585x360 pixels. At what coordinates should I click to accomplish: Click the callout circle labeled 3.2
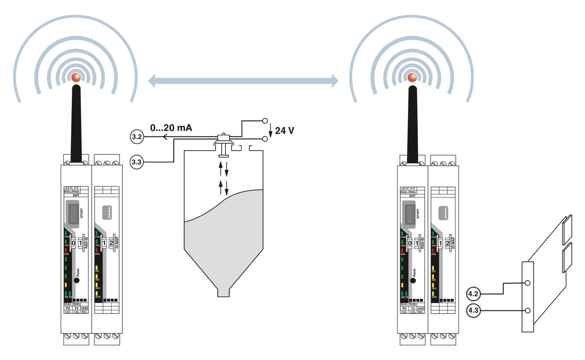click(136, 137)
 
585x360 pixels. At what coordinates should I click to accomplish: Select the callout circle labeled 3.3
click(136, 162)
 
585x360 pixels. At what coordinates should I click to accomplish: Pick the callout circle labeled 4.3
click(473, 310)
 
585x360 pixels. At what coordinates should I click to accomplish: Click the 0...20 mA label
click(171, 128)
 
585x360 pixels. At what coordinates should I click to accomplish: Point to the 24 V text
click(284, 131)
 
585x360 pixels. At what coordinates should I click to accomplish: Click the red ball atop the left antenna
click(76, 77)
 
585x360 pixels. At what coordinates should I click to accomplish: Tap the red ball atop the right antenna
click(412, 77)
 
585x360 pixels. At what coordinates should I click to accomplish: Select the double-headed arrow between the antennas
click(243, 81)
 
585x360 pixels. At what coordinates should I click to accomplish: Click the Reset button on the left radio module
click(77, 280)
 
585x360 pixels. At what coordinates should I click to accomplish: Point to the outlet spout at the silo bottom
click(223, 292)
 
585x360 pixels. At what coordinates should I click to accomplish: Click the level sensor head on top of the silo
click(223, 137)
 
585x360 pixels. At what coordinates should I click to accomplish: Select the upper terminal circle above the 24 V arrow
click(265, 121)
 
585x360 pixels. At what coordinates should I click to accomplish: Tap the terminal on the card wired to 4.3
click(528, 310)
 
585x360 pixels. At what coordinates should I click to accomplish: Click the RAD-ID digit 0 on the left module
click(73, 243)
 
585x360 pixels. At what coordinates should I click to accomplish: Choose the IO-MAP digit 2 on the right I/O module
click(447, 243)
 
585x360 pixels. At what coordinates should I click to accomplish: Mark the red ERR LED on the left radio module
click(66, 250)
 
